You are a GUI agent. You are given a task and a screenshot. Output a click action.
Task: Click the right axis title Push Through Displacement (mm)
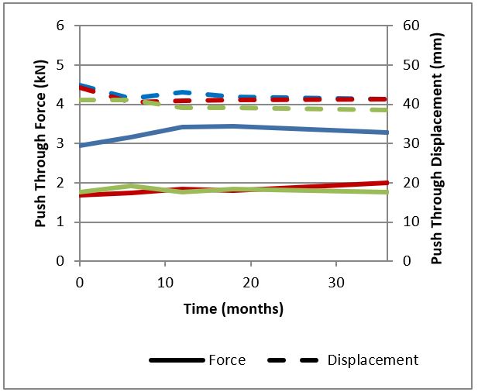[438, 147]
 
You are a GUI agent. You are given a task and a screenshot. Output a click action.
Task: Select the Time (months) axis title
[233, 308]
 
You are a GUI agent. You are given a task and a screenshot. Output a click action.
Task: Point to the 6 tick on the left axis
[60, 26]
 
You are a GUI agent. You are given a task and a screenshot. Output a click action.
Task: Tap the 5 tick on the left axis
[60, 65]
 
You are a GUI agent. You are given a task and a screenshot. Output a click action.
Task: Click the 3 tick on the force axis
[60, 143]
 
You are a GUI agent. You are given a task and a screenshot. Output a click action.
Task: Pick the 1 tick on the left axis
[60, 222]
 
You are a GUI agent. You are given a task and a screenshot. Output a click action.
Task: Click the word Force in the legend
[227, 359]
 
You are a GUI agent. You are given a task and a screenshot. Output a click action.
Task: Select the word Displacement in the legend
[373, 359]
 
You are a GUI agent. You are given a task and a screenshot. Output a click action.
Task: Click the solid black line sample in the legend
[176, 360]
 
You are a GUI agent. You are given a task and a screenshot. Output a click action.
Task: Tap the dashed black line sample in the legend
[295, 360]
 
